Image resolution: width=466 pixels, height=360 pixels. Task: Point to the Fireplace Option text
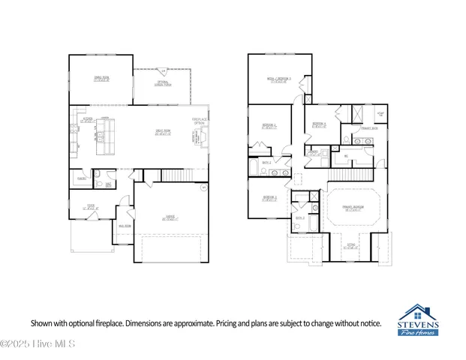199,121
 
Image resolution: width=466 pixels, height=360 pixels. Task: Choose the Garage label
171,218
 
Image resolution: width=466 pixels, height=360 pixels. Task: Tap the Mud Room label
125,226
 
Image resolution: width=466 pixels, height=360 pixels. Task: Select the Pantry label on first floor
80,178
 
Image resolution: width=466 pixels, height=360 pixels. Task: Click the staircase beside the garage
173,175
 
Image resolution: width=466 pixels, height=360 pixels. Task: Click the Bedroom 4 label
319,125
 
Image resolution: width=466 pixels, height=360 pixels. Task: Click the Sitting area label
350,245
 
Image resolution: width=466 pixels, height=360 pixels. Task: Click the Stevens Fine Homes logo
419,319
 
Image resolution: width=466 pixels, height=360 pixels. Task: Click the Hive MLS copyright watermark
29,344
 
